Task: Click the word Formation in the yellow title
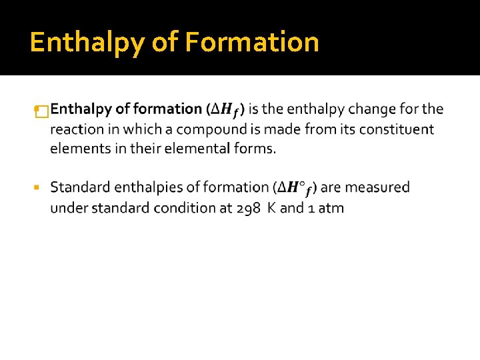[x=252, y=42]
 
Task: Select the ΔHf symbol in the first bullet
[x=229, y=109]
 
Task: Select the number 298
[x=248, y=208]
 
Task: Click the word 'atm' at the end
[x=331, y=208]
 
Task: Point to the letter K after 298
[x=271, y=208]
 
